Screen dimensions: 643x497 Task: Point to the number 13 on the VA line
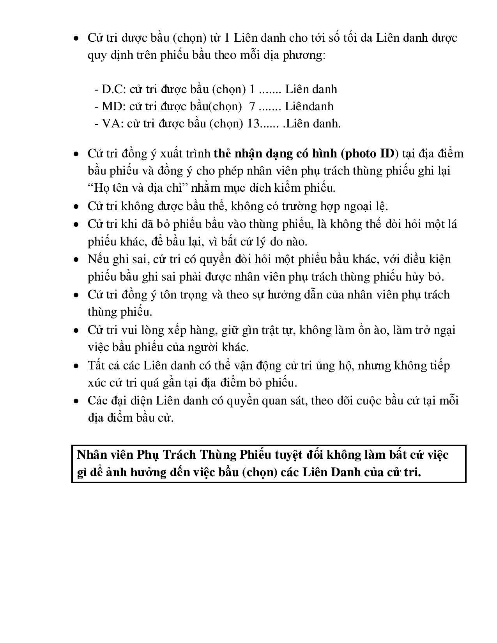254,124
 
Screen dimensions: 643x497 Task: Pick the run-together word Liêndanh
309,106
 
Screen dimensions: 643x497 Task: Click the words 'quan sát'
283,401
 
